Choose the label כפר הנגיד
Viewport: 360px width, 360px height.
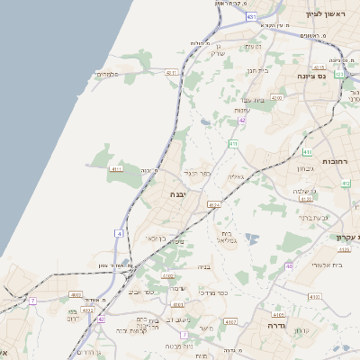pos(197,172)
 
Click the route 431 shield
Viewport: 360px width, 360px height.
pos(250,17)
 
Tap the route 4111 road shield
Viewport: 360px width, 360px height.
pos(115,169)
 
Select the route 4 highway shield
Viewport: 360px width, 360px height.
pos(118,234)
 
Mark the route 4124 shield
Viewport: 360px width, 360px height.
pos(213,205)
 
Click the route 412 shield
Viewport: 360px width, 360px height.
pos(346,183)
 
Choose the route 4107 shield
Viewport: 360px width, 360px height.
pos(231,321)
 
